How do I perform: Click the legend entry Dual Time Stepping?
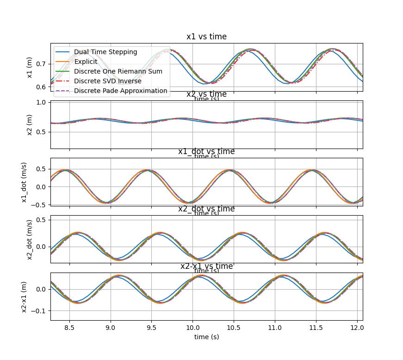105,52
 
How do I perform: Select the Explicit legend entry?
86,62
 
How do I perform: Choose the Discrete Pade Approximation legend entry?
120,91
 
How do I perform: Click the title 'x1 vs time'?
206,37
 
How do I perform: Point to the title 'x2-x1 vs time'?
206,267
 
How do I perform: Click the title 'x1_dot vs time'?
206,152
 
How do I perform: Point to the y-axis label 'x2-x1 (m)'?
25,297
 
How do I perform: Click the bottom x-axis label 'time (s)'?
206,337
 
